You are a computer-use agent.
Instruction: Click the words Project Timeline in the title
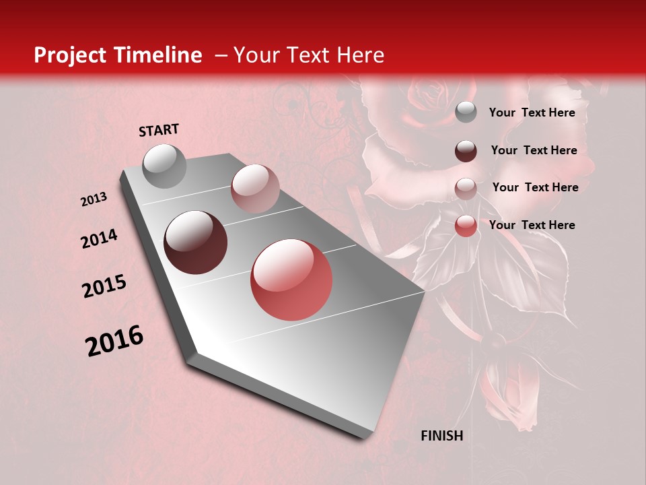tap(118, 55)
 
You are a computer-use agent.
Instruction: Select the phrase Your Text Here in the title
tap(308, 55)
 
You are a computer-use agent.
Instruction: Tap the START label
tap(159, 130)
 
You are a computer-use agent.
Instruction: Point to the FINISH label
tap(441, 436)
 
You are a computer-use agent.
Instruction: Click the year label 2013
tap(94, 199)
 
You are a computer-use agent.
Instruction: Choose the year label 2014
tap(99, 239)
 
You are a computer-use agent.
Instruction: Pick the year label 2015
tap(104, 286)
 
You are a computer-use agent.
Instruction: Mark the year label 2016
tap(114, 341)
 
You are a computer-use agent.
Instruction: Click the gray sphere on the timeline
tap(165, 166)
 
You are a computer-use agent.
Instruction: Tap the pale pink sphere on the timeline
tap(255, 189)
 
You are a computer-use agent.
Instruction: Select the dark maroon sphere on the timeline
tap(196, 243)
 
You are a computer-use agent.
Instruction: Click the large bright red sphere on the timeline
tap(291, 280)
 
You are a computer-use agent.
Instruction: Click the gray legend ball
tap(466, 112)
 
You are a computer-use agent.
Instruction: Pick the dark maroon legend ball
tap(466, 151)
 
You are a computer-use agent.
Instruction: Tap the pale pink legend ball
tap(466, 188)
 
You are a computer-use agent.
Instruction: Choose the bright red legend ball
tap(466, 226)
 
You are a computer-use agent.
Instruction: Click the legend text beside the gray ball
tap(532, 112)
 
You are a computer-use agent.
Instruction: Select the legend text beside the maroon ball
tap(534, 150)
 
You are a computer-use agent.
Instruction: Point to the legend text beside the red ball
tap(532, 225)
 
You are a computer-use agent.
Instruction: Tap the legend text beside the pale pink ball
tap(535, 187)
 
